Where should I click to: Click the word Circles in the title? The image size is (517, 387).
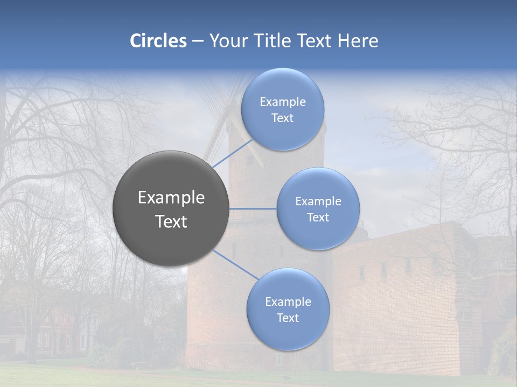point(158,41)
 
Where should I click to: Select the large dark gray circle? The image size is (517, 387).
point(171,209)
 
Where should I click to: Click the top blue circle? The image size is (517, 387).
point(283,109)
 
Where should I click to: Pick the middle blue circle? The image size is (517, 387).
point(318,209)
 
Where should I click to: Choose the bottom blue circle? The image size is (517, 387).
point(288,309)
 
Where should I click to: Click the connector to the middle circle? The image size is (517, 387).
point(253,209)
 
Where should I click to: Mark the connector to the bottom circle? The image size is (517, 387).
point(235,264)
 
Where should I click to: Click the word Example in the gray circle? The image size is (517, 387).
point(171,198)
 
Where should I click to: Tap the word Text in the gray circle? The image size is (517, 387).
point(171,221)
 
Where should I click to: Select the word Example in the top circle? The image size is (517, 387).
point(283,102)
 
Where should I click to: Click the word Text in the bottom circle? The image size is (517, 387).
point(288,318)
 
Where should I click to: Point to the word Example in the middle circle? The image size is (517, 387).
point(318,201)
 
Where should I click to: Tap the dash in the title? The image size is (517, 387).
point(197,41)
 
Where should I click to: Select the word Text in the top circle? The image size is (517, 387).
point(283,118)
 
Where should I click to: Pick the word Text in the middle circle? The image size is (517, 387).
point(318,217)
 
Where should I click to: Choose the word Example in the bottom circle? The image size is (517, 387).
point(288,302)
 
